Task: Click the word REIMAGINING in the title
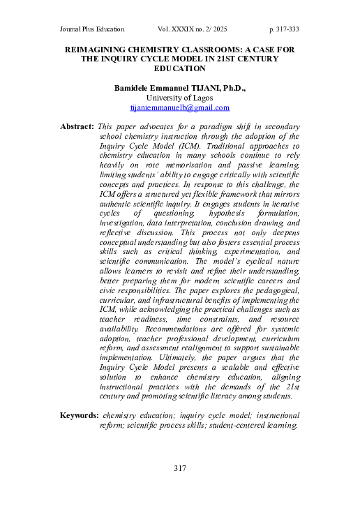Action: click(x=99, y=51)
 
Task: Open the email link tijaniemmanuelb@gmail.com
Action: click(x=180, y=109)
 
